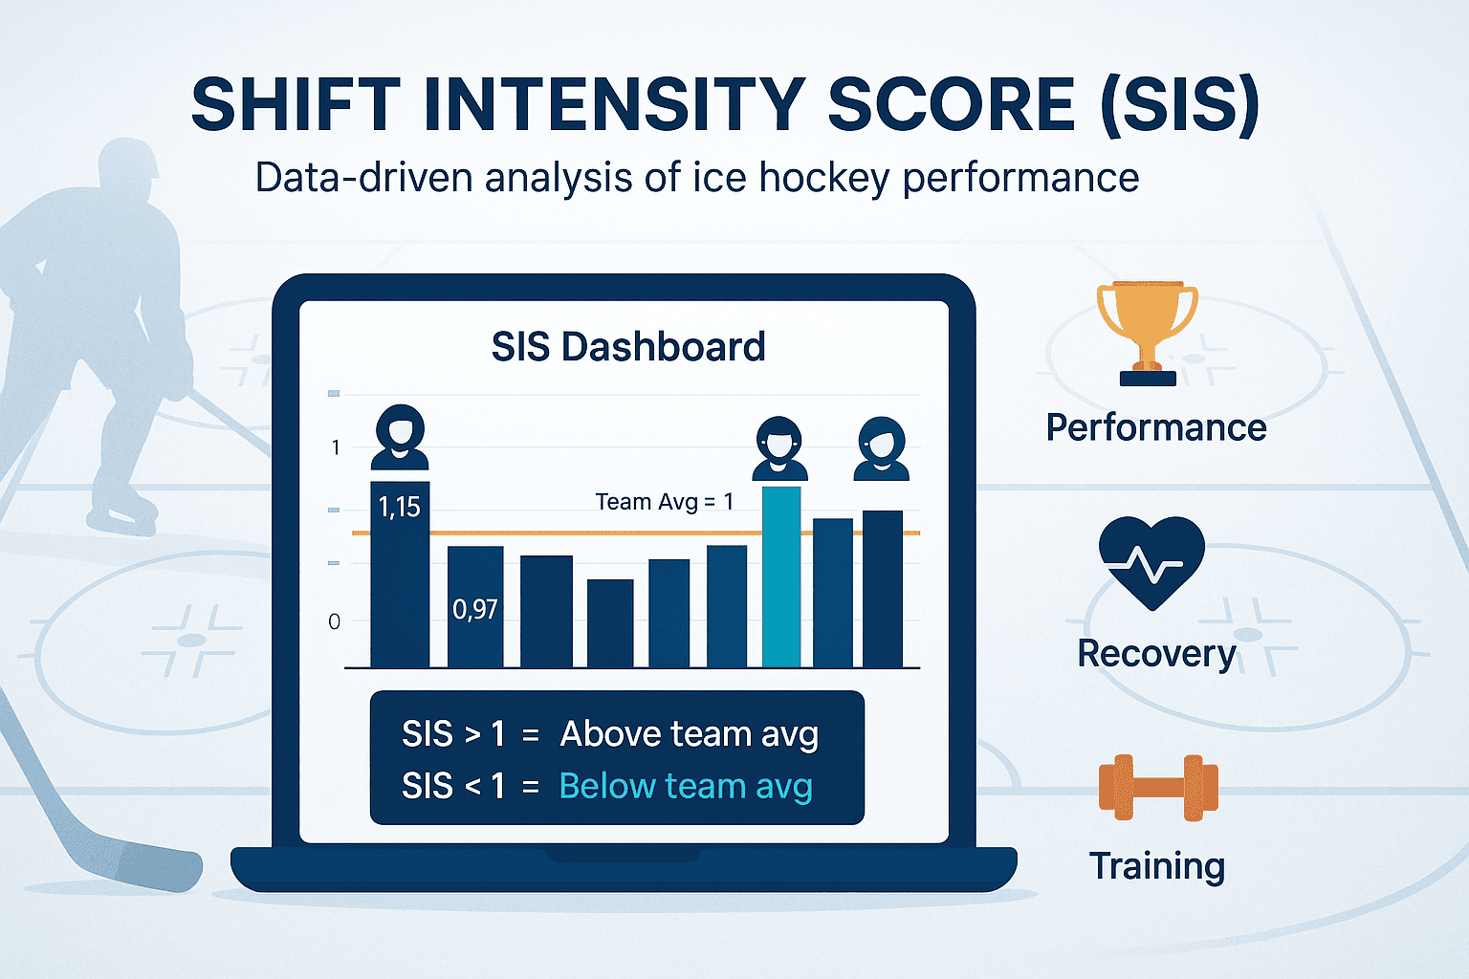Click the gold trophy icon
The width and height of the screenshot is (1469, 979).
click(1147, 331)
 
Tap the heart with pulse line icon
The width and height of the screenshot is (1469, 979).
click(1151, 562)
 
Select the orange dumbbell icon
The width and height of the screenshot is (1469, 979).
click(1158, 788)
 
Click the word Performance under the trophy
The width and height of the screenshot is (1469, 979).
click(1155, 427)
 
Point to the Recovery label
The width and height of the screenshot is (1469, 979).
click(1156, 654)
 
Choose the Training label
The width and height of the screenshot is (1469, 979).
click(1157, 865)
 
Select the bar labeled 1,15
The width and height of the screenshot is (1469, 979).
click(400, 574)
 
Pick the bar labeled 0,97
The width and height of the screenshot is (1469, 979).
click(475, 606)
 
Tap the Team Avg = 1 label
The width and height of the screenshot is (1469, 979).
click(664, 502)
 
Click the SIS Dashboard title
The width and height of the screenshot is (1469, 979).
click(628, 347)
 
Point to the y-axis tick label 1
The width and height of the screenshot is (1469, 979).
click(336, 447)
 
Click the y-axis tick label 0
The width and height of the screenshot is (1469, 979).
click(334, 622)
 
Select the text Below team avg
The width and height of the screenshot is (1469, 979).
click(685, 786)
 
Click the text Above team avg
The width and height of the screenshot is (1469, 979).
click(689, 734)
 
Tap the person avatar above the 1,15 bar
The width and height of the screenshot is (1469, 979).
click(400, 437)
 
